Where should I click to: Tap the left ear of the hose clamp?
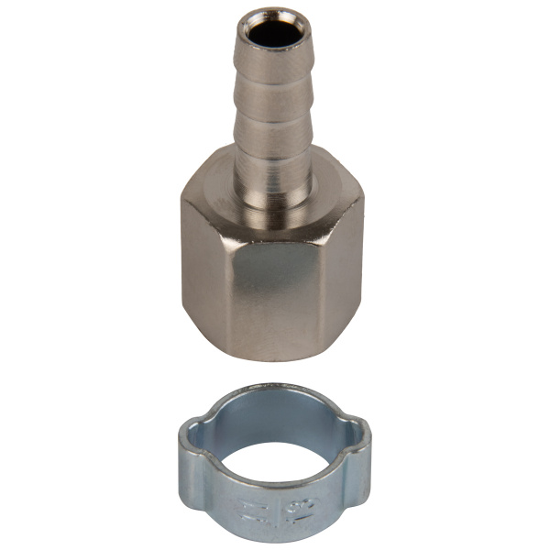coord(191,431)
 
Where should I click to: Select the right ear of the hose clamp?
coord(359,431)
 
